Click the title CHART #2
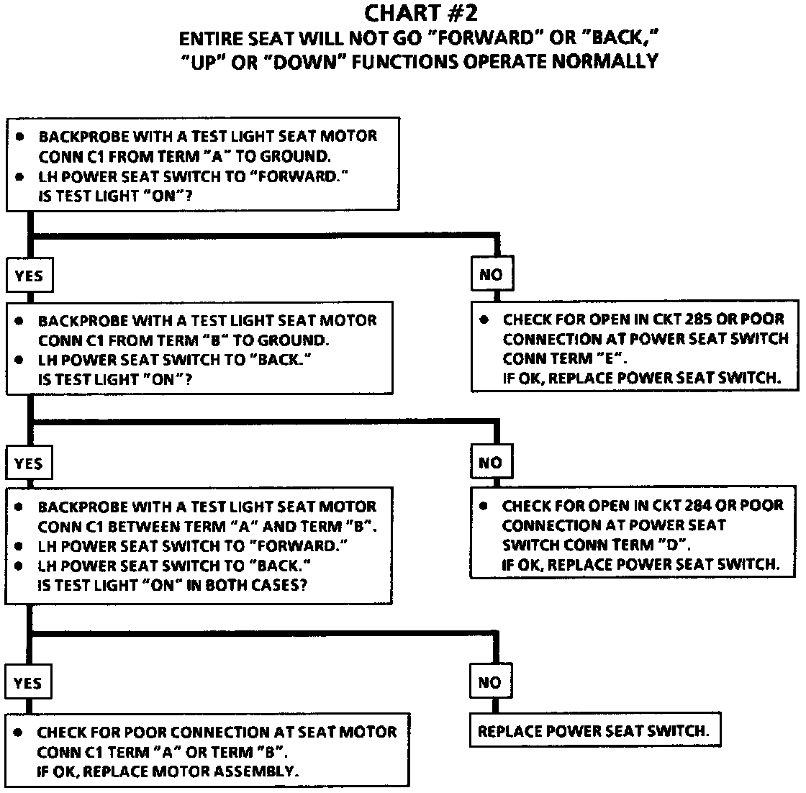420,13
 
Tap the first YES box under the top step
28,276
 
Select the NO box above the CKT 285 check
491,275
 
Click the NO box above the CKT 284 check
490,463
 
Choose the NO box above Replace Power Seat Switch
489,682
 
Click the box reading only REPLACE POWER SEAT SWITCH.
594,732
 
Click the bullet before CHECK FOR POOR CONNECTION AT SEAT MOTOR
19,733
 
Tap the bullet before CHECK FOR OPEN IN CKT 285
484,319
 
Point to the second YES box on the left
28,463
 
